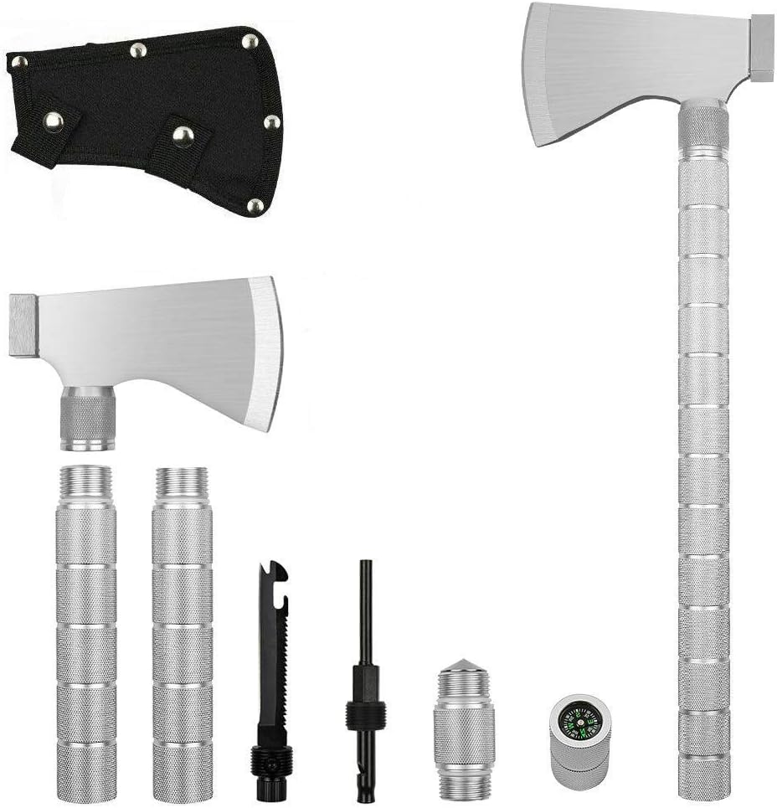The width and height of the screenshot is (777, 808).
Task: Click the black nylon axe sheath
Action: (x=142, y=117)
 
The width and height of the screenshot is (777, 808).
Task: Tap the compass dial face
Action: (x=579, y=718)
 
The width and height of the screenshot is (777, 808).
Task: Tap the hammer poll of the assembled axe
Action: (x=761, y=47)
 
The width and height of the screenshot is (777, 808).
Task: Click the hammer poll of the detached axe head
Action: (x=23, y=325)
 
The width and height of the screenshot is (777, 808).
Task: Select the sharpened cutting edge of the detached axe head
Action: (x=266, y=352)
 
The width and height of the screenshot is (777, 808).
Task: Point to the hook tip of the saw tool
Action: (x=278, y=573)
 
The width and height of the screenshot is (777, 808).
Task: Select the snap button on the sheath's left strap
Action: (x=54, y=123)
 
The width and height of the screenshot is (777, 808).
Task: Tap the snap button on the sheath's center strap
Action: (x=180, y=133)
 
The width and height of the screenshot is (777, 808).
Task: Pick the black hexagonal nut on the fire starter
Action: (x=366, y=713)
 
